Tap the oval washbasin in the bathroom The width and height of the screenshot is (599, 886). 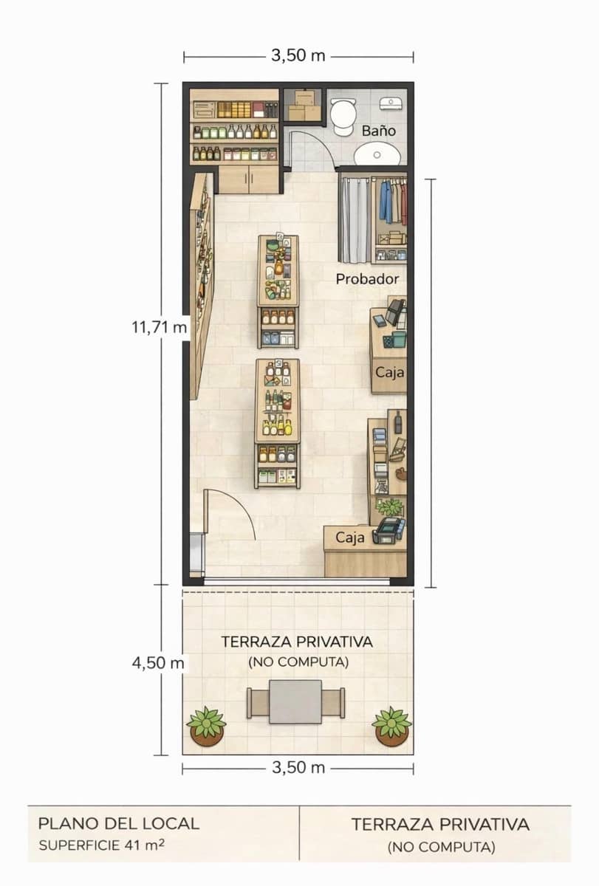click(x=377, y=154)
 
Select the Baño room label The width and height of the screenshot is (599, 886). click(x=379, y=131)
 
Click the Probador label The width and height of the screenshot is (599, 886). click(x=367, y=279)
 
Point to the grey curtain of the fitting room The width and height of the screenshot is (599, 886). click(x=354, y=219)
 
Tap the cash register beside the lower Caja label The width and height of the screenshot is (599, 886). click(x=389, y=529)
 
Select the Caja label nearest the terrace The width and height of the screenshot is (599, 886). click(x=350, y=538)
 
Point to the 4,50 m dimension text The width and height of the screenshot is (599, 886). click(x=158, y=663)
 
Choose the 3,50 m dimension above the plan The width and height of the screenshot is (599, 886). click(x=298, y=56)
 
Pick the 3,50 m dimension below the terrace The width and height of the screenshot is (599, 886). click(x=298, y=767)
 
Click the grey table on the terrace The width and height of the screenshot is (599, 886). click(x=295, y=702)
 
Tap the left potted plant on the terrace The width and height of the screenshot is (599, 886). click(x=206, y=726)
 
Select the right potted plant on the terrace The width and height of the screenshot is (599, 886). click(x=391, y=726)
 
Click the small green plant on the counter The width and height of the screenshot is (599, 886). click(x=389, y=507)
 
